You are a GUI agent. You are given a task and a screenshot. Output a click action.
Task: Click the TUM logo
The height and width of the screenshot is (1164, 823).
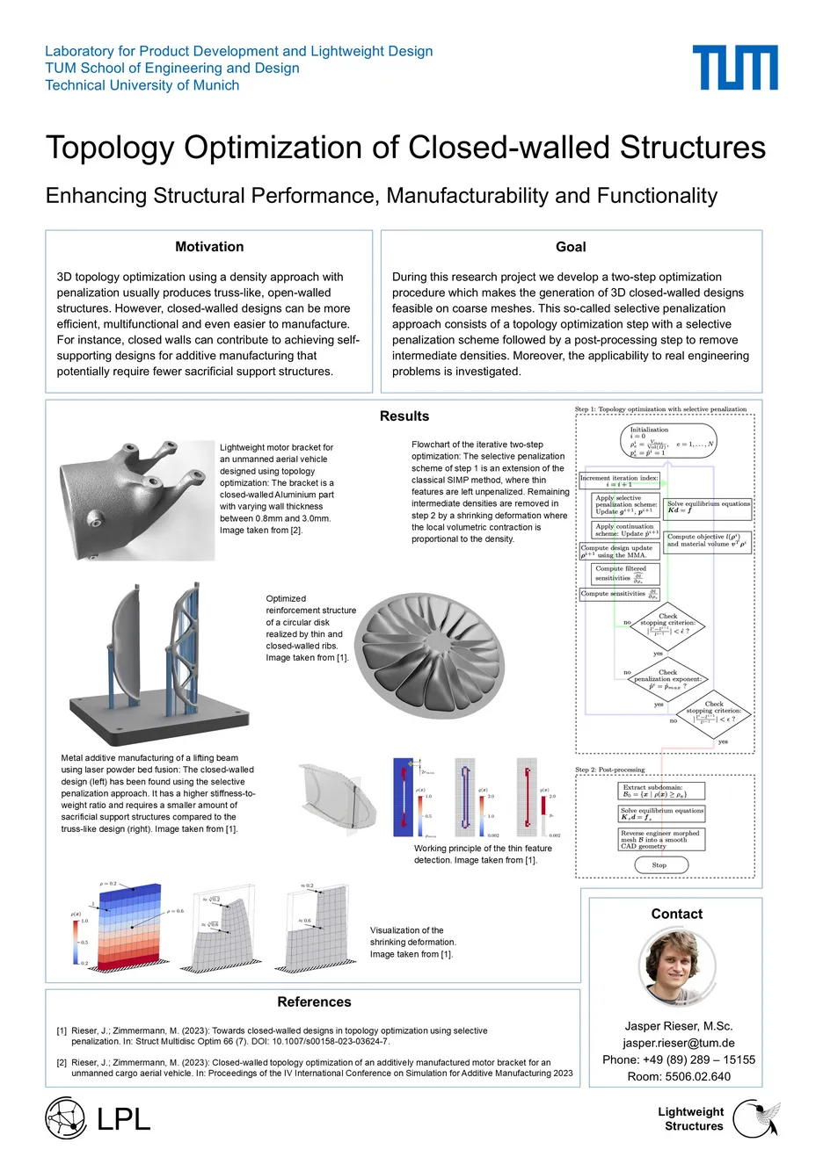(x=734, y=68)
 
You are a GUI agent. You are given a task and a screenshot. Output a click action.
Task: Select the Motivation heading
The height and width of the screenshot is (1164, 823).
(x=209, y=247)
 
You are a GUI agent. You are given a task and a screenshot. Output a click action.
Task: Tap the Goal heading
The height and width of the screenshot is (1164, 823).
(x=571, y=247)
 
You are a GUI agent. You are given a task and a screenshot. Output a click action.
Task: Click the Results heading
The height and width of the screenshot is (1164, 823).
(x=404, y=416)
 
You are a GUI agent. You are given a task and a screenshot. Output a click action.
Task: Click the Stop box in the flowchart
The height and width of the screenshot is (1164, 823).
(x=659, y=865)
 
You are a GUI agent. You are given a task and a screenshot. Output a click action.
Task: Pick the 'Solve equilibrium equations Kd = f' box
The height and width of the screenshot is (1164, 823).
(x=709, y=507)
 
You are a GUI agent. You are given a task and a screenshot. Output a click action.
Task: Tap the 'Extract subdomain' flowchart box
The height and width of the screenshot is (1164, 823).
(x=661, y=791)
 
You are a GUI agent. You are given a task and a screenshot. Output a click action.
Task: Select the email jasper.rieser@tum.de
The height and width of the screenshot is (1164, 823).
(x=678, y=1043)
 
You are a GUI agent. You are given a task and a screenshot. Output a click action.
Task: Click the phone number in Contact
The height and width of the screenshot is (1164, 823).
(x=678, y=1059)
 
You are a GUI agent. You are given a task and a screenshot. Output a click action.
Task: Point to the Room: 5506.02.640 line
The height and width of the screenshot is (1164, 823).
(x=678, y=1076)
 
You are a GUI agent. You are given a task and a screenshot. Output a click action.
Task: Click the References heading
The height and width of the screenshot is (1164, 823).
(x=314, y=1002)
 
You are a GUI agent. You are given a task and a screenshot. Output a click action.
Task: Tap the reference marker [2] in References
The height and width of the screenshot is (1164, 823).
(x=62, y=1062)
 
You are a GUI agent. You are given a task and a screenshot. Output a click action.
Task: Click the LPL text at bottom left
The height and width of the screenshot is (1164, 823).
(x=123, y=1119)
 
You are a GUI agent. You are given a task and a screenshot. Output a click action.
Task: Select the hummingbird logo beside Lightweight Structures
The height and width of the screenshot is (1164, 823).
(x=756, y=1118)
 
